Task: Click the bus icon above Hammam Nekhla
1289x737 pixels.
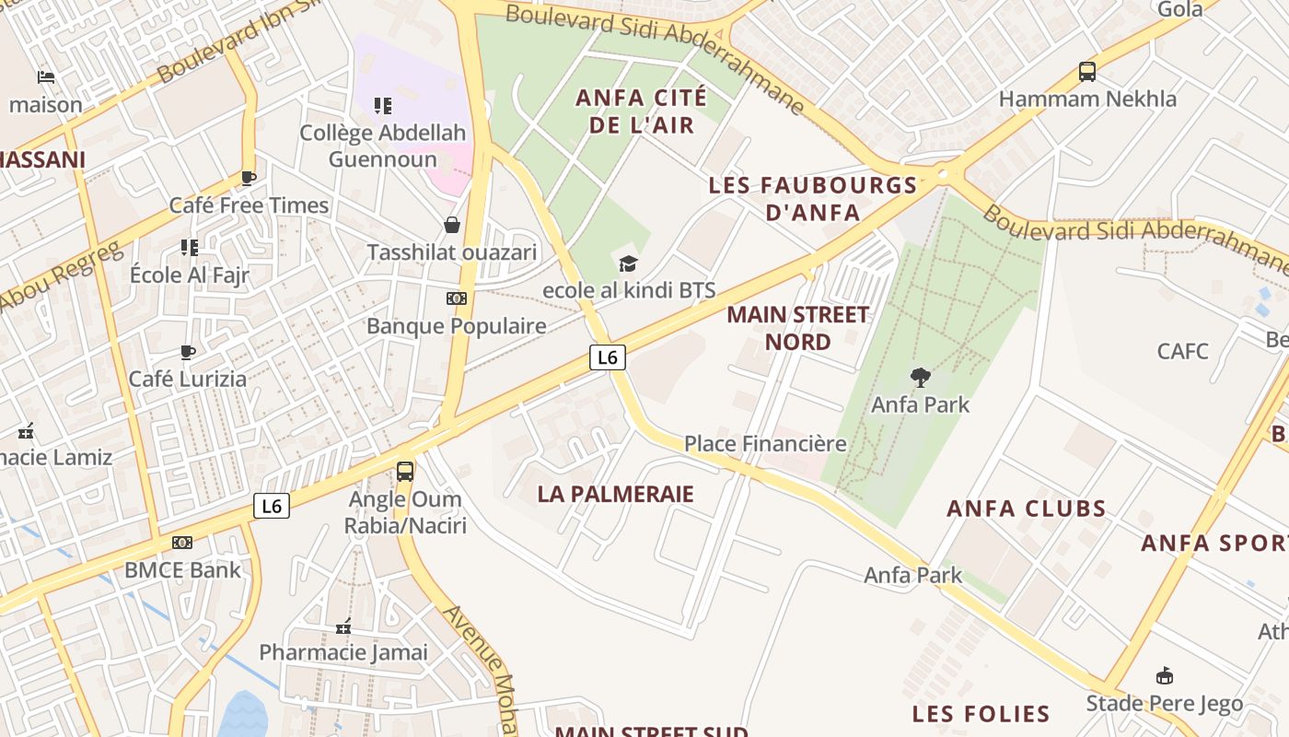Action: pos(1087,71)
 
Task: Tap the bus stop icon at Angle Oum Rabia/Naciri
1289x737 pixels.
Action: pos(405,472)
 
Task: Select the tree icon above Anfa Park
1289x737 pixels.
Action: pos(920,377)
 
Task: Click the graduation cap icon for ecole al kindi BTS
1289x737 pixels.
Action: pos(628,264)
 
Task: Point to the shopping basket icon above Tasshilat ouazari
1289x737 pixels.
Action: pos(452,225)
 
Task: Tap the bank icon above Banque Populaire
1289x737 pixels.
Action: pos(456,298)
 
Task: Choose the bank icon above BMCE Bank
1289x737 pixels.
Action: pos(182,543)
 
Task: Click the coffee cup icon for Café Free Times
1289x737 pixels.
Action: pos(248,178)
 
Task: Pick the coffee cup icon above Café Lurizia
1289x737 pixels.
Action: pos(188,352)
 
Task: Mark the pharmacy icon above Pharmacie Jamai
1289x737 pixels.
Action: pos(343,626)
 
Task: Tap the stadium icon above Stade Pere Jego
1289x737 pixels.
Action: pos(1165,676)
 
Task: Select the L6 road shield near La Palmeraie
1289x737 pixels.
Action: pos(608,357)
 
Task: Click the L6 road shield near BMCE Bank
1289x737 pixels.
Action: pos(271,505)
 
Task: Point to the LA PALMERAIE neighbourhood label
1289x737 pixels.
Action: pos(615,494)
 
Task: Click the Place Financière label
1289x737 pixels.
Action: pos(765,444)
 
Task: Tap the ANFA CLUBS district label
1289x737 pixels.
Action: pos(1027,509)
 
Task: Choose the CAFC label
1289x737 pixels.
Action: pos(1183,351)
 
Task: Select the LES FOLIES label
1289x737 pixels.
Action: pos(981,714)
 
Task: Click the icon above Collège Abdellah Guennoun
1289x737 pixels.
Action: pos(383,106)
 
